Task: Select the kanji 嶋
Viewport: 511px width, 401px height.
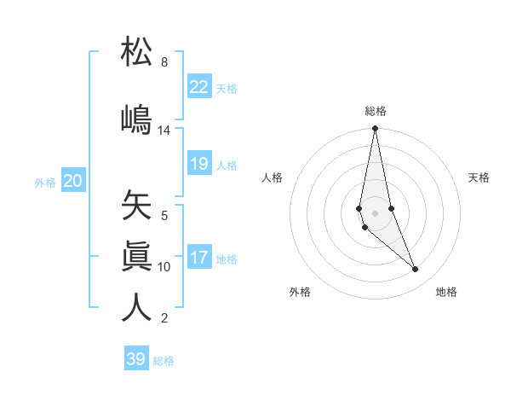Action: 136,119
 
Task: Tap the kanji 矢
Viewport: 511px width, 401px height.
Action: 136,206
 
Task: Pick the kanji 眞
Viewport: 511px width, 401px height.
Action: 136,257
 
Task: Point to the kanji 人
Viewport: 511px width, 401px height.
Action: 136,307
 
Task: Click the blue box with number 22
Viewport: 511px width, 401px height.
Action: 199,87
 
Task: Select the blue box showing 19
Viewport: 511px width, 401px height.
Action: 199,164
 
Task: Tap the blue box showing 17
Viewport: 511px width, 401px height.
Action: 199,258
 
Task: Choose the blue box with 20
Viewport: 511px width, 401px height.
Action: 73,181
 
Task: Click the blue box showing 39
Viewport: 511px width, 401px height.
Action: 136,359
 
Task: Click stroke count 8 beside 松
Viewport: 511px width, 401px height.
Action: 164,62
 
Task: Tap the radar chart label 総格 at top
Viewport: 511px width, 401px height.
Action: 376,111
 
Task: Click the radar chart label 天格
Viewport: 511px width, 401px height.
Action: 479,177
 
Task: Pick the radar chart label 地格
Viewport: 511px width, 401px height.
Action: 446,292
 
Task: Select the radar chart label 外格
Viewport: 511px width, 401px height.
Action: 300,292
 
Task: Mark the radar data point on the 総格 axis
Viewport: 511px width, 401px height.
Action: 375,129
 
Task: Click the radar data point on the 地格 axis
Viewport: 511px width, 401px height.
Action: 416,270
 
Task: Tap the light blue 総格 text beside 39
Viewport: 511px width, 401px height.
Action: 164,361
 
